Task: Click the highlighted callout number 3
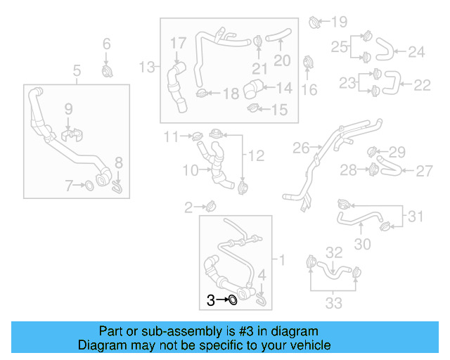coord(210,300)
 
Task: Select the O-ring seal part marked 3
coord(231,301)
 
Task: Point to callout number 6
coord(107,44)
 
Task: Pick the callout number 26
coord(301,148)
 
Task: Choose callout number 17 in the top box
coord(177,44)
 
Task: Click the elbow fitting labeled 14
coord(253,90)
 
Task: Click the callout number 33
coord(333,303)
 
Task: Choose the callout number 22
coord(422,85)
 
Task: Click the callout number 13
coord(146,67)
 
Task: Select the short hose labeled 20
coord(280,34)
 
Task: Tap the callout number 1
coord(283,261)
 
